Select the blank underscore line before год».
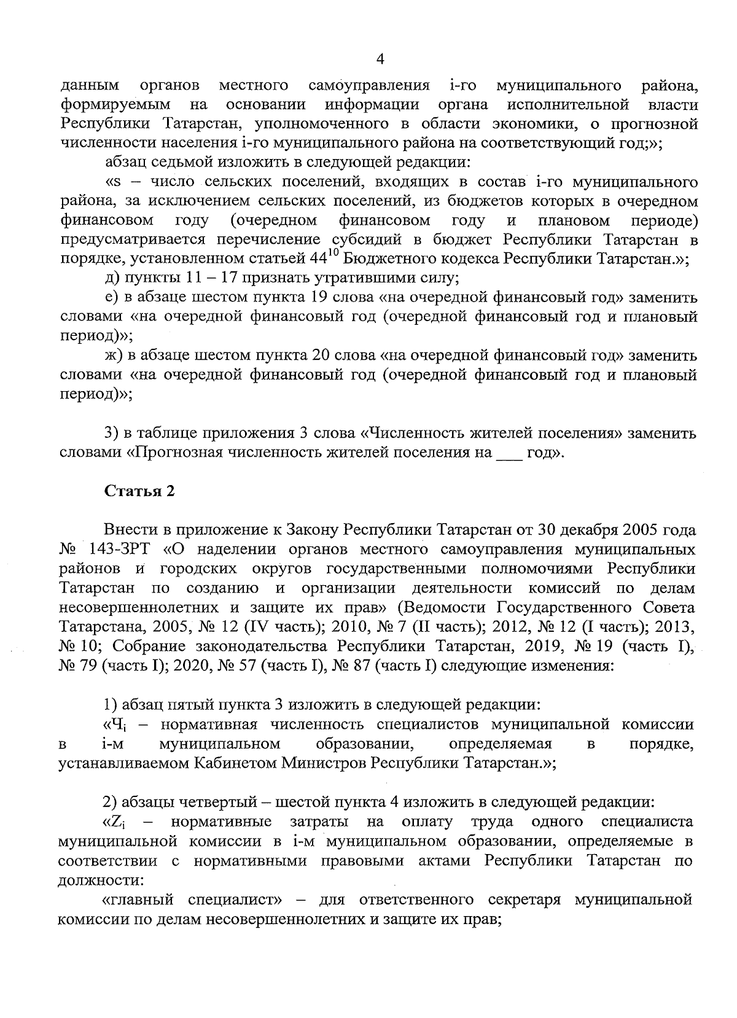pyautogui.click(x=507, y=454)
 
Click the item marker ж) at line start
pyautogui.click(x=114, y=356)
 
